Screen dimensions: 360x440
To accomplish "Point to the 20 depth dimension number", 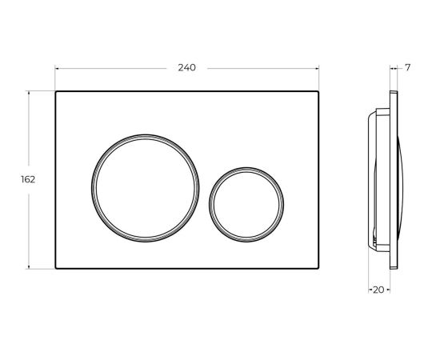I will tap(378, 289).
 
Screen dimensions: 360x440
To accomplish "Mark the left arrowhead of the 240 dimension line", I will tap(58, 68).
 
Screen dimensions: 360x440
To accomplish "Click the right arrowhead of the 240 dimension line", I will tap(317, 68).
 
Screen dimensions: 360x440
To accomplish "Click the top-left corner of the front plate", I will tap(56, 92).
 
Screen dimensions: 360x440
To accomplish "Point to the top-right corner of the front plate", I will tap(318, 92).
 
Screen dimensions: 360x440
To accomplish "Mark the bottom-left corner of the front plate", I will tap(56, 269).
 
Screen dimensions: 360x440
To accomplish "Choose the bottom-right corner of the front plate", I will tap(318, 269).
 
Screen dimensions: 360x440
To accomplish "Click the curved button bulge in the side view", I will tap(405, 180).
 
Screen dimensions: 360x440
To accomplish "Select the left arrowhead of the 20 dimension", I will tap(370, 289).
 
